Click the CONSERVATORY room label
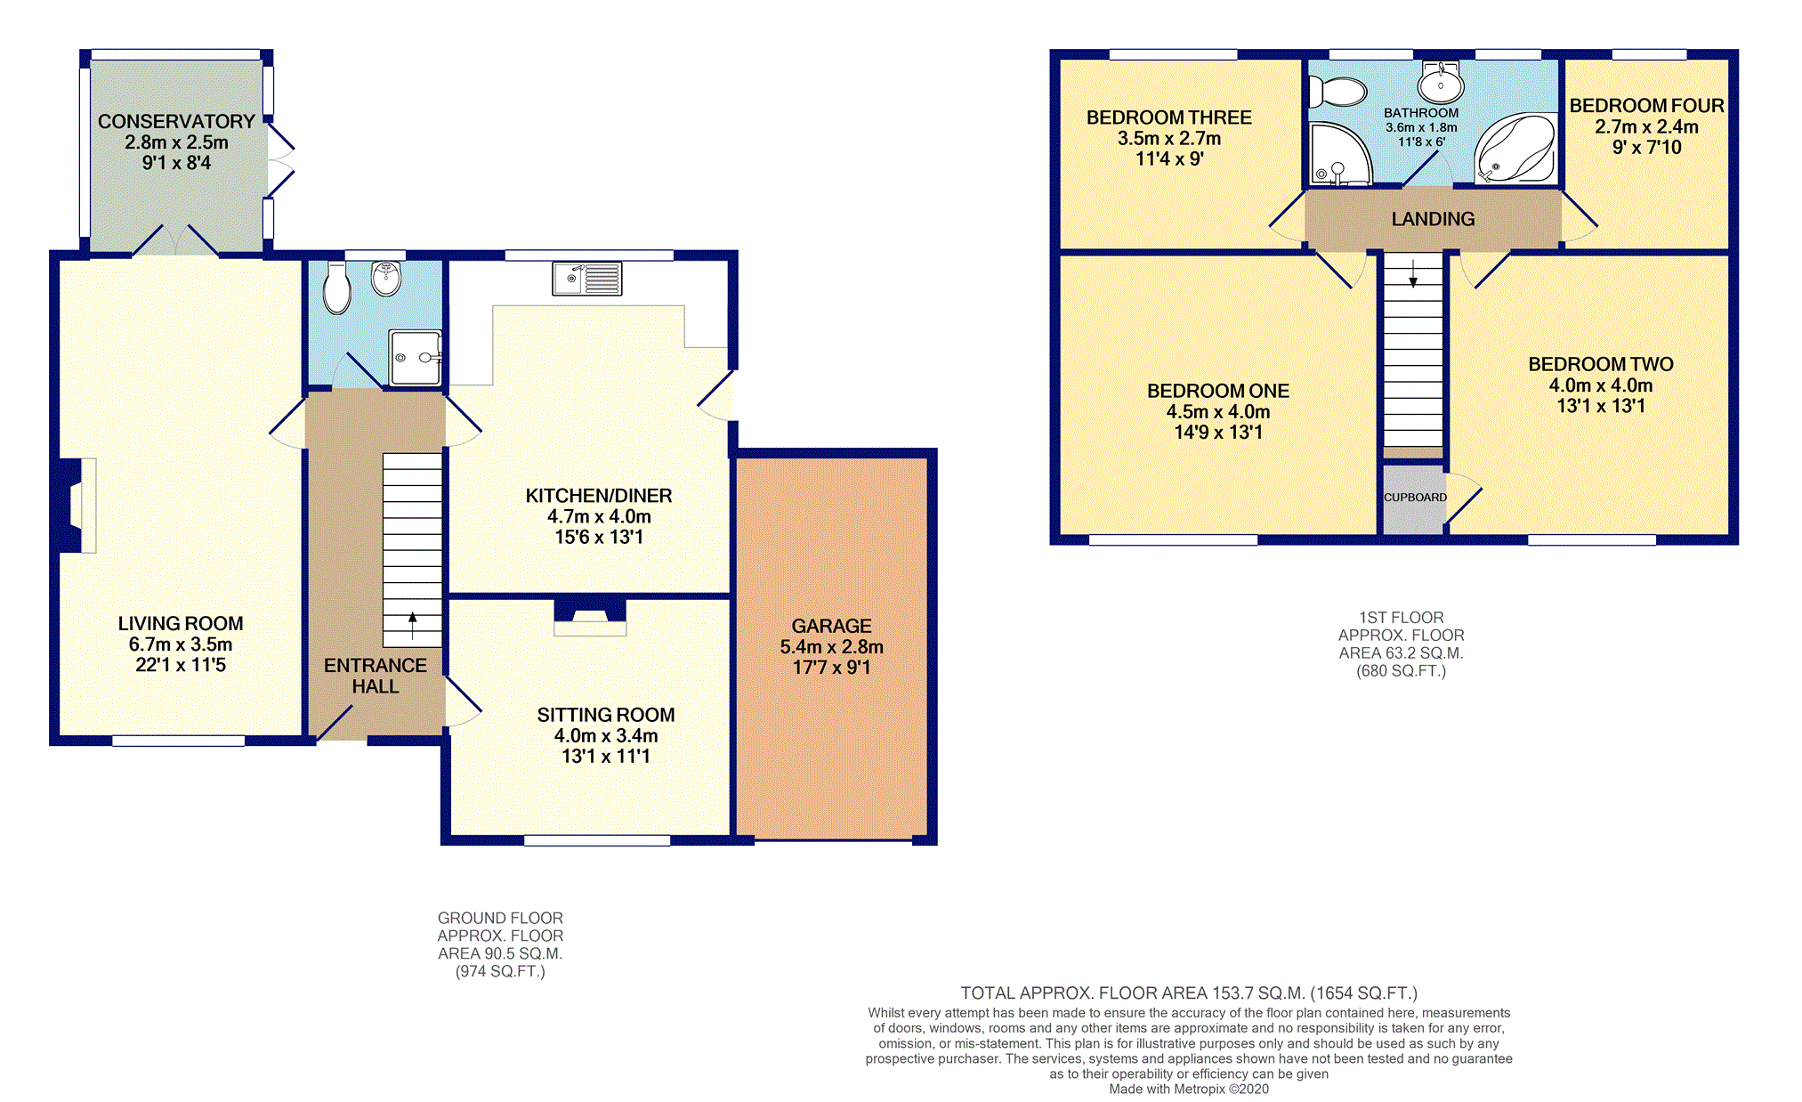coord(176,121)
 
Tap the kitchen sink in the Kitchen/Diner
coord(586,279)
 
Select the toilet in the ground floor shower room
coord(337,288)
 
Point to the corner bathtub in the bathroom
coord(1515,149)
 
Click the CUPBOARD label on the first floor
coord(1415,498)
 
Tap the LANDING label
coord(1433,219)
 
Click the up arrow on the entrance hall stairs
coord(412,625)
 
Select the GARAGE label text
coord(831,626)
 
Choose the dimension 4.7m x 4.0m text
coord(599,516)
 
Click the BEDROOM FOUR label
coord(1646,106)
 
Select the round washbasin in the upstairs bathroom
coord(1441,83)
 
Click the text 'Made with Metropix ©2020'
coord(1189,1089)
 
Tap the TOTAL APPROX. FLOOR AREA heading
coord(1189,993)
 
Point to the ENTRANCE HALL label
coord(376,676)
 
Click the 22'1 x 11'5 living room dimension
coord(181,665)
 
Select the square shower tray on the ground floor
coord(416,358)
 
